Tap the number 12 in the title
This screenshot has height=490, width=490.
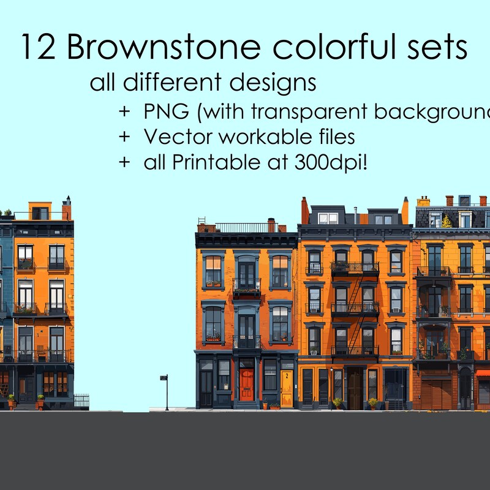click(x=38, y=48)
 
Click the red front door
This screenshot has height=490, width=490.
click(x=247, y=384)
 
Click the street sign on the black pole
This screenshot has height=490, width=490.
click(x=164, y=378)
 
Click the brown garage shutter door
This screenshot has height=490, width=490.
click(x=436, y=393)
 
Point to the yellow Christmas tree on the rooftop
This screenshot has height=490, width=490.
click(x=447, y=221)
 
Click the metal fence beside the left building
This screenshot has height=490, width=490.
click(x=81, y=401)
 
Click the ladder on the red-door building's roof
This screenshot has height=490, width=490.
click(x=202, y=224)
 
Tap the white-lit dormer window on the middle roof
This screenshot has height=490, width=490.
click(x=328, y=217)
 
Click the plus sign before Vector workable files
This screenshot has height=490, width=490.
click(x=125, y=137)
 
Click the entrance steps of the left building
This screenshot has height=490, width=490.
click(x=26, y=406)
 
